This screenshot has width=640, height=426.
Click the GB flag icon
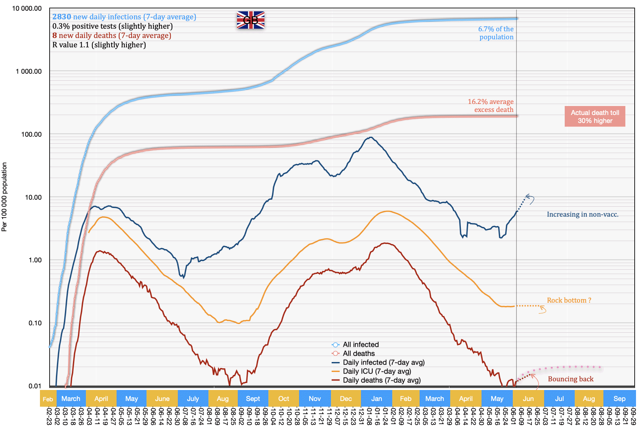tap(250, 20)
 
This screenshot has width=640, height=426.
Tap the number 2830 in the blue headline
tap(62, 17)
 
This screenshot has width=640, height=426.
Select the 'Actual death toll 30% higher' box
tap(595, 117)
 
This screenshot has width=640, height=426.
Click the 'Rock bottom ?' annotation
tap(569, 300)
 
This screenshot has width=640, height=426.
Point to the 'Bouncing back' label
tap(570, 379)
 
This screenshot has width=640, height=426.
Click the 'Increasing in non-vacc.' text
tap(582, 214)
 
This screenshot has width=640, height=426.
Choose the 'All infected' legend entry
tap(360, 345)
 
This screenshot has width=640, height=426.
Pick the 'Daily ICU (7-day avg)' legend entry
tap(377, 371)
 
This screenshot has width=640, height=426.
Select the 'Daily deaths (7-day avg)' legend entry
tap(381, 380)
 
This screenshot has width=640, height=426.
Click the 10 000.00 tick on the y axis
tap(27, 8)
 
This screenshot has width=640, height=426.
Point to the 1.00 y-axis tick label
tap(35, 260)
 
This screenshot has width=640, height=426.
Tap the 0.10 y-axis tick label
tap(35, 323)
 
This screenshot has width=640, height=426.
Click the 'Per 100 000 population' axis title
tap(4, 197)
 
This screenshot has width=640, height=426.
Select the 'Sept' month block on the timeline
tap(253, 399)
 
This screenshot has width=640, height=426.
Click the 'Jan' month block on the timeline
tap(377, 399)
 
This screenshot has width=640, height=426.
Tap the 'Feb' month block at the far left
tap(48, 399)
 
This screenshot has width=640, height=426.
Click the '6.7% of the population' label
tap(496, 33)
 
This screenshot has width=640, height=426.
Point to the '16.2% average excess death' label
tap(490, 106)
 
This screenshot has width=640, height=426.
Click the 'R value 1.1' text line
tap(99, 45)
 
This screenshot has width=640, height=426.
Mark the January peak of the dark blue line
tap(371, 137)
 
